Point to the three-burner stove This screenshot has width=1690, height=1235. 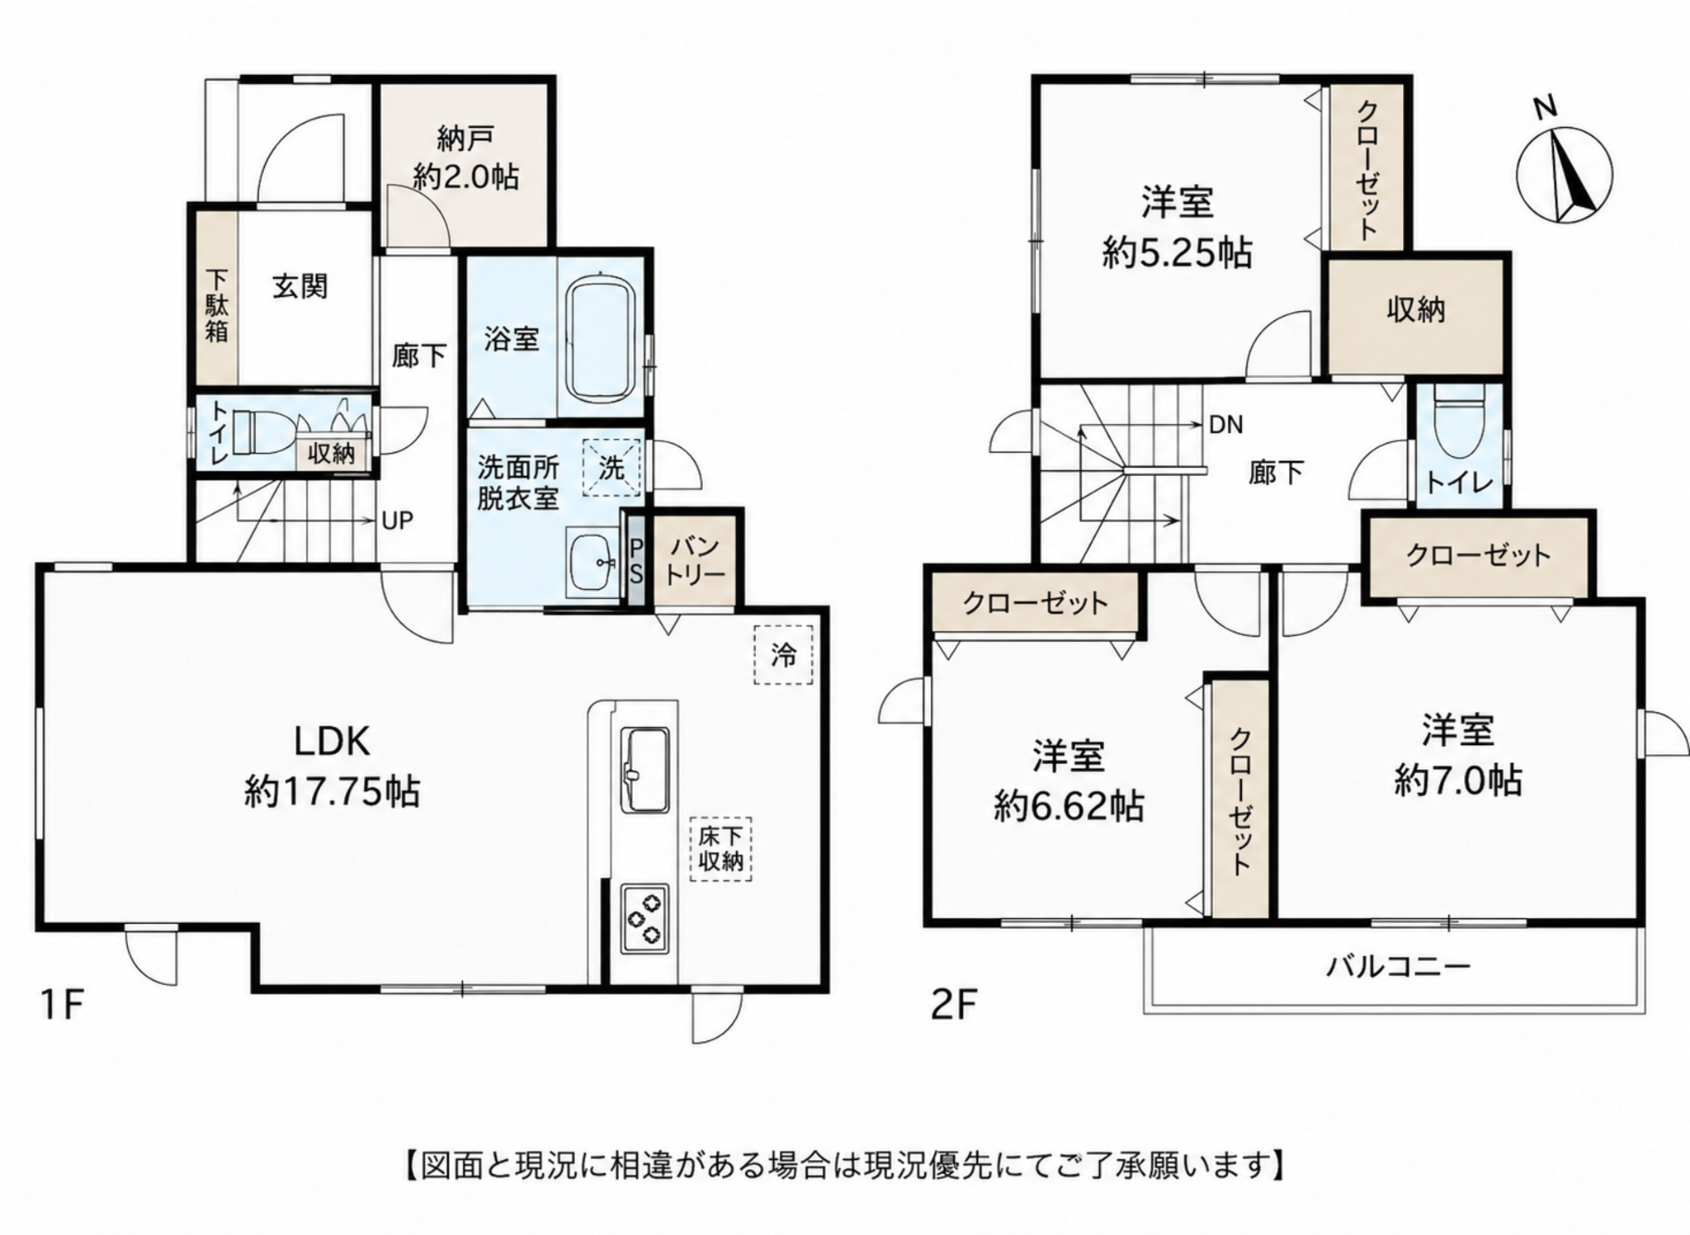point(644,918)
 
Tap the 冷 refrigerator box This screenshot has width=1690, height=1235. point(783,655)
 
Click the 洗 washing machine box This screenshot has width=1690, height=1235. point(611,468)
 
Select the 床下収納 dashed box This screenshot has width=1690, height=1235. point(720,851)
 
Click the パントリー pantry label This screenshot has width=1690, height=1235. point(696,560)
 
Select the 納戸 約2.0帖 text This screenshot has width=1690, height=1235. point(465,158)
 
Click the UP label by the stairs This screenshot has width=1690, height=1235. point(397,521)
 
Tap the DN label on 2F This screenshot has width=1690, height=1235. point(1225,425)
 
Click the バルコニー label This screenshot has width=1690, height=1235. point(1398,966)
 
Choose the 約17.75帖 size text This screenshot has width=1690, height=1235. point(332,792)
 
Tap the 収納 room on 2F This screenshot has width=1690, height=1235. point(1415,316)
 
